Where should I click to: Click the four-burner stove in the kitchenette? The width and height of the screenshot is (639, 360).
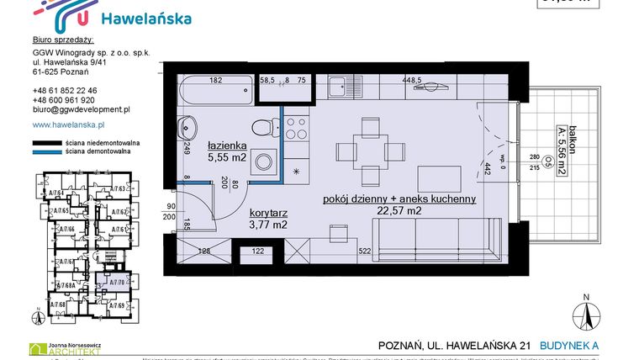(x=297, y=129)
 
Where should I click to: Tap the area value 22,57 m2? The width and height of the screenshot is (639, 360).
(x=399, y=211)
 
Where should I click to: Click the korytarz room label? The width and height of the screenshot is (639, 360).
(x=268, y=214)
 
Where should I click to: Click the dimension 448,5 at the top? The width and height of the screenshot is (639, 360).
(x=411, y=81)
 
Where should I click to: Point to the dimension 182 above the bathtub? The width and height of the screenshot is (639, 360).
(x=215, y=81)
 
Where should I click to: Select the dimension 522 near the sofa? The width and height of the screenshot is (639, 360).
(x=365, y=251)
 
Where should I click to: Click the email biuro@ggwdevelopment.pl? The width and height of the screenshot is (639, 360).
(x=80, y=109)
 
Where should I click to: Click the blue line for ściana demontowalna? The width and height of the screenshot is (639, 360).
(x=47, y=153)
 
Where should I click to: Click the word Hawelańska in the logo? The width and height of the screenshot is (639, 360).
(x=145, y=18)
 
